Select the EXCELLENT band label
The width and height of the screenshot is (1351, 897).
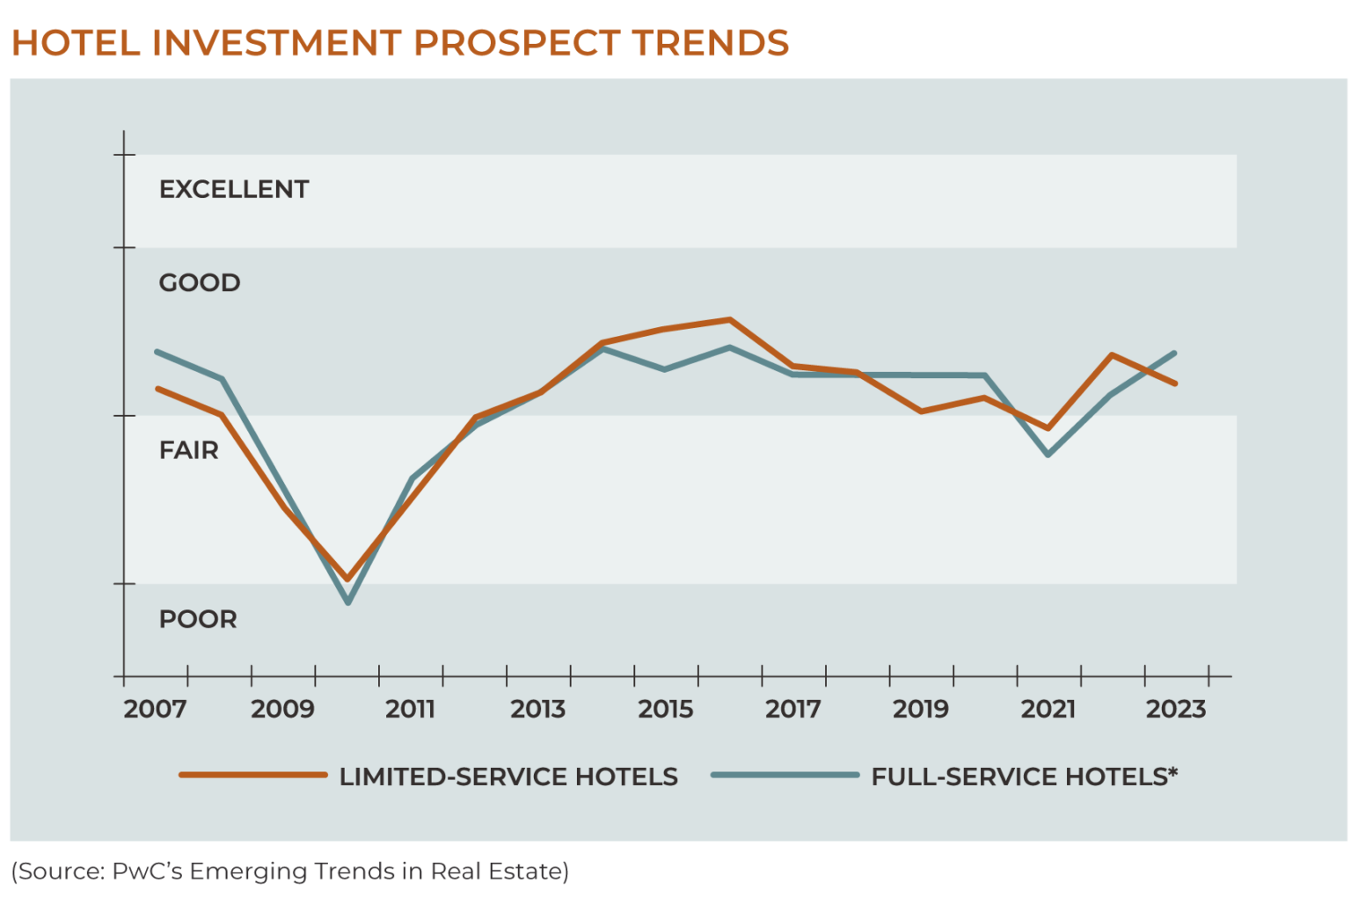233,189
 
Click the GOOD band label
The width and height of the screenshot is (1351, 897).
199,282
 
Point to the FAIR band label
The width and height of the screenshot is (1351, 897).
188,450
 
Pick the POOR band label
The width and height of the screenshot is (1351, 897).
198,619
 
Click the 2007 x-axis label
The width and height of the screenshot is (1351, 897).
155,709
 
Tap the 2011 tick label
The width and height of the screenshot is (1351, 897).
410,709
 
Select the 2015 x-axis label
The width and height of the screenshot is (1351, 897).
665,709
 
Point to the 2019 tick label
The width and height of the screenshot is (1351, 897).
920,709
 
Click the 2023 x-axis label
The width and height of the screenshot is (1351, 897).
1175,709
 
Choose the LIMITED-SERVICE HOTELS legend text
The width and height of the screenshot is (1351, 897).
508,777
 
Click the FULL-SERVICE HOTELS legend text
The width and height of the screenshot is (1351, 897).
1024,777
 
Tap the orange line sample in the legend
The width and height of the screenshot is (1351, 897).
253,776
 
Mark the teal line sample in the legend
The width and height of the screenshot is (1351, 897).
785,776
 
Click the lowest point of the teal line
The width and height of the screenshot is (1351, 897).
348,602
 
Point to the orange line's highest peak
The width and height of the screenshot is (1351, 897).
729,319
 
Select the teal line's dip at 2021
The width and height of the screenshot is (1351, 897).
1048,455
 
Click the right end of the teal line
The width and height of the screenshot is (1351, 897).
1175,354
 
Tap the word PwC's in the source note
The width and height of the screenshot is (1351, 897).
148,871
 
